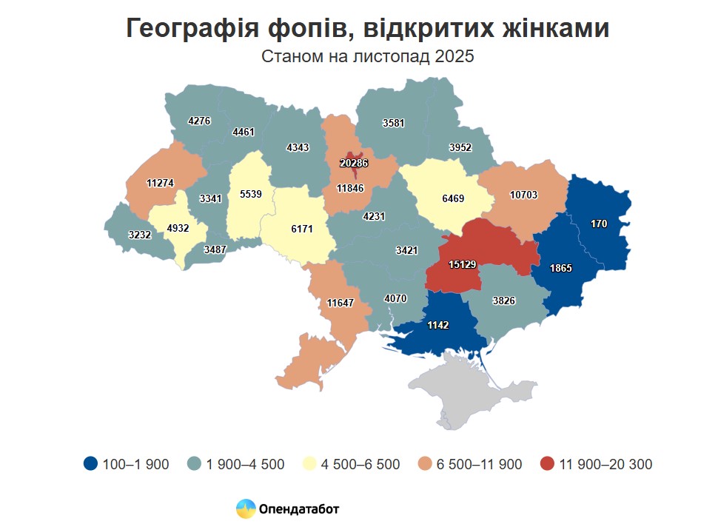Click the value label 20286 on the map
tap(355, 164)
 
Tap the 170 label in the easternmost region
tap(600, 223)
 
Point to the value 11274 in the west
tap(161, 183)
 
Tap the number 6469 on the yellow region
tap(454, 200)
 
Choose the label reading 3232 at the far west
tap(140, 235)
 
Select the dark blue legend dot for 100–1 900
tap(90, 464)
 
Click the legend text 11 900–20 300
tap(607, 464)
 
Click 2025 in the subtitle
tap(453, 57)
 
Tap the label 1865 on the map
tap(561, 269)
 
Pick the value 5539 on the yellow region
tap(251, 194)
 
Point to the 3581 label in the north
tap(394, 123)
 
